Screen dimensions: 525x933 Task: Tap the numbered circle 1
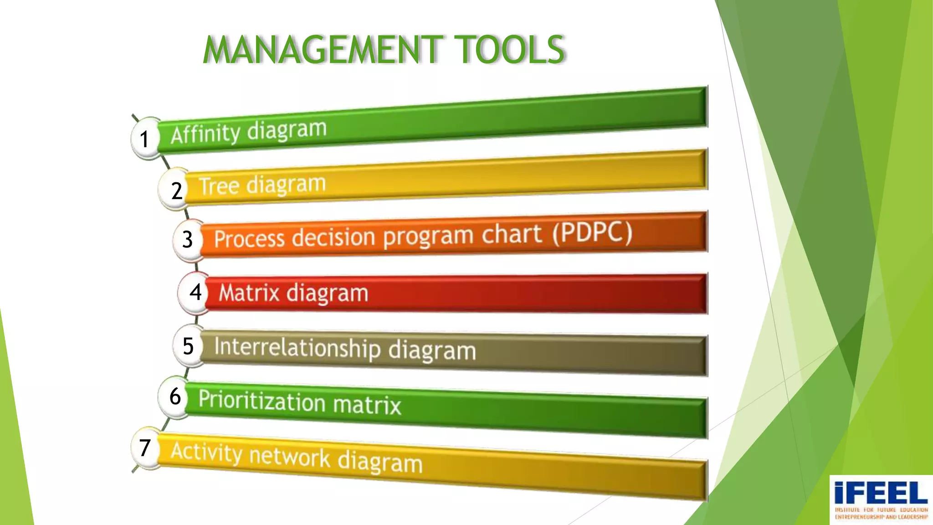[x=145, y=139]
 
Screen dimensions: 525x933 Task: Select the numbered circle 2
[x=176, y=190]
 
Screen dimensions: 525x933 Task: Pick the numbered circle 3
[x=187, y=239]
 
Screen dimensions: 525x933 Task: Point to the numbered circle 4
[x=195, y=292]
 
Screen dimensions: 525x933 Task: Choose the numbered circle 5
[x=188, y=346]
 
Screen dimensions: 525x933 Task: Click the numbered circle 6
[x=175, y=396]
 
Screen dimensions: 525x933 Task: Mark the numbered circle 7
[x=145, y=448]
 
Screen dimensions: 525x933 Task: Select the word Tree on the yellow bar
[x=219, y=186]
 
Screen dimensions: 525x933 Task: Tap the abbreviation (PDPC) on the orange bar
[x=592, y=233]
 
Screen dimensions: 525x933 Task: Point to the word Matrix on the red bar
[x=249, y=293]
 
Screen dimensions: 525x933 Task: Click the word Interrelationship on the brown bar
[x=297, y=348]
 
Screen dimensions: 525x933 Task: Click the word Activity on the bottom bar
[x=207, y=452]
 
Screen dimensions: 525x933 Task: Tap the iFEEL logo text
[x=881, y=494]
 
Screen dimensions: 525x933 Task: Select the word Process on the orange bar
[x=249, y=238]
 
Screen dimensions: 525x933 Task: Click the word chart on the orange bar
[x=512, y=234]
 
